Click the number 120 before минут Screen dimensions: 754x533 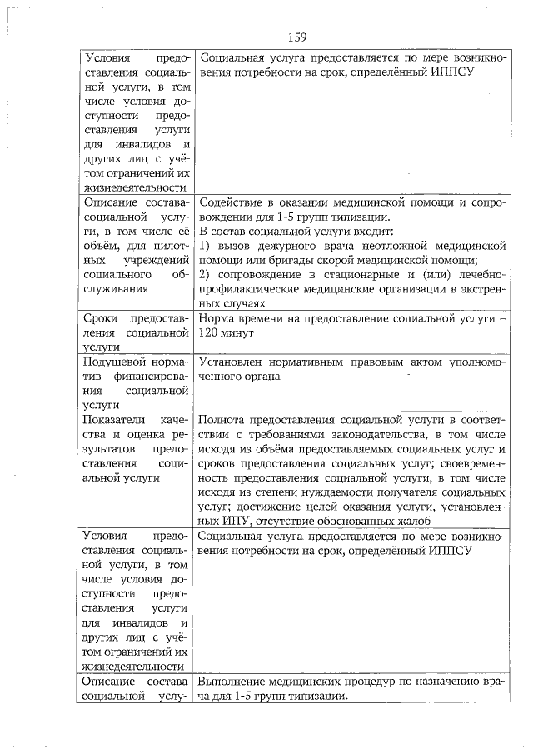pos(210,333)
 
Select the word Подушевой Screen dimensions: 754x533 pos(114,362)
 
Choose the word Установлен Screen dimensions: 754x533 pos(232,362)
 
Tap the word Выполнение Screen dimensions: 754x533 pos(237,683)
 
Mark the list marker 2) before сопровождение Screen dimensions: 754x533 pos(207,275)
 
